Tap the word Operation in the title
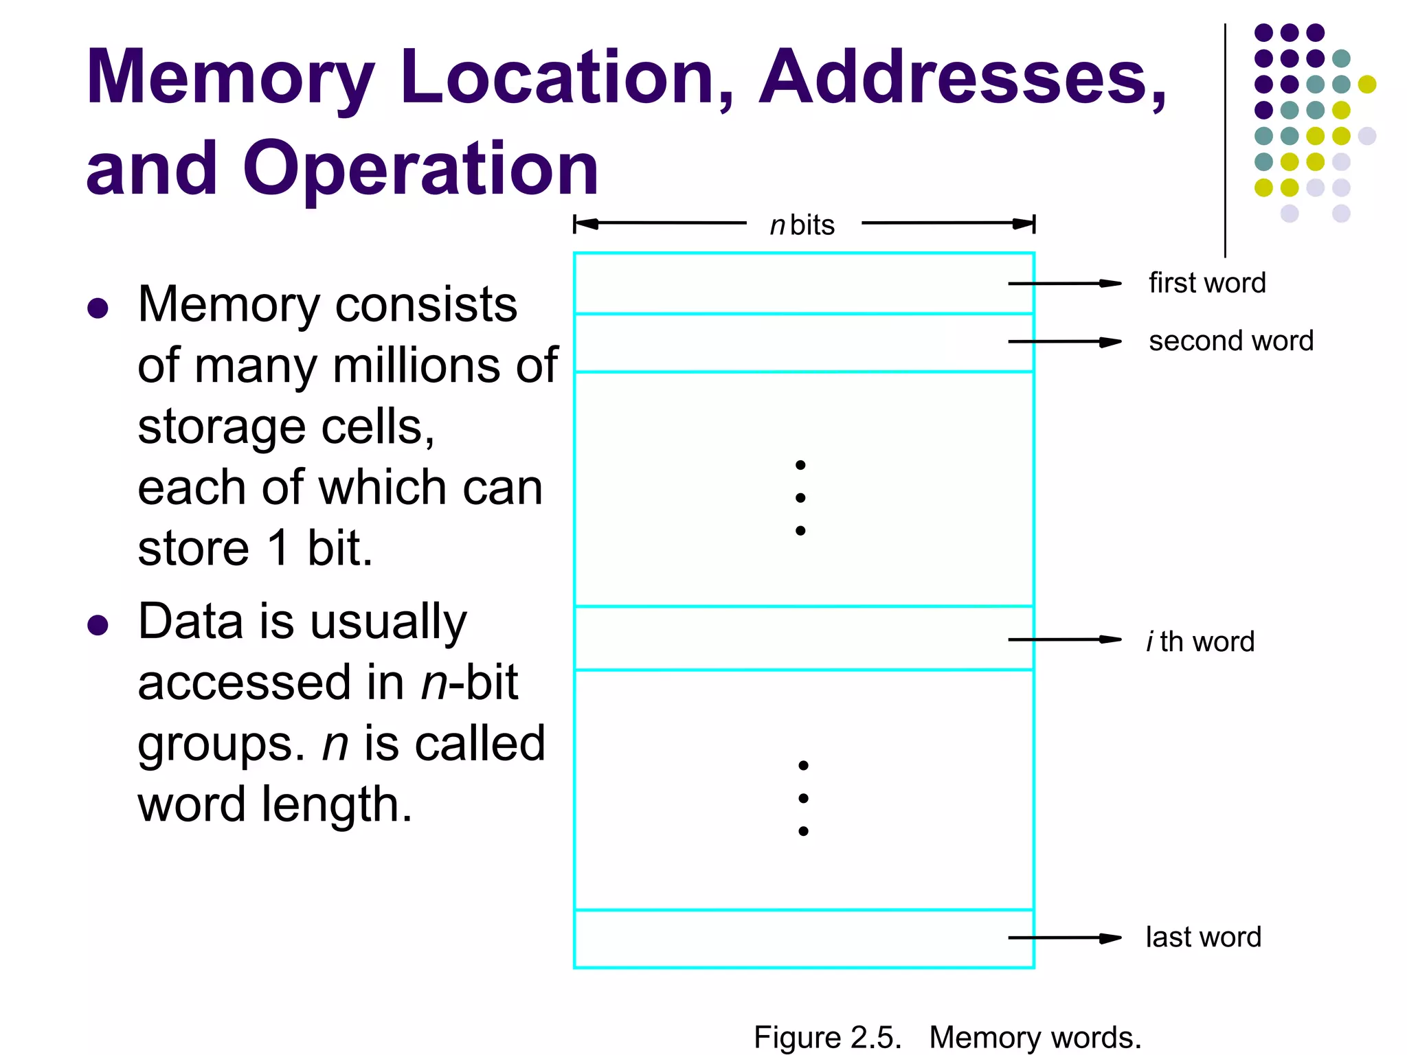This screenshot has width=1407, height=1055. tap(420, 169)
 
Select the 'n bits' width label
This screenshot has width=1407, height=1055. tap(802, 225)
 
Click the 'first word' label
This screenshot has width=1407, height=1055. tap(1207, 283)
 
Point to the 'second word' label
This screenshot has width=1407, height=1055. tap(1230, 341)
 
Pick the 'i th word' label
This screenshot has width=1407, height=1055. tap(1200, 642)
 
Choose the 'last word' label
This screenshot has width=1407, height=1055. tap(1203, 937)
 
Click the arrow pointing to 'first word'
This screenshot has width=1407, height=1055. tap(1064, 283)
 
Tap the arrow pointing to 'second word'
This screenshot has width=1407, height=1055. tap(1064, 341)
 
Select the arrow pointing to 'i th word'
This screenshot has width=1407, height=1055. tap(1064, 639)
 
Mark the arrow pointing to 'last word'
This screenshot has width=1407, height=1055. tap(1064, 938)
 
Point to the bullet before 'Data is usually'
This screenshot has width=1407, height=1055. tap(98, 625)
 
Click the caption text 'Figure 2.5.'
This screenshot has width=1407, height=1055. tap(827, 1037)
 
